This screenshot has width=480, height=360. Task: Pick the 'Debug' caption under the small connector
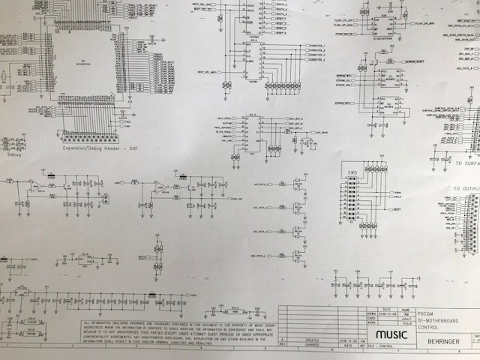pyautogui.click(x=14, y=155)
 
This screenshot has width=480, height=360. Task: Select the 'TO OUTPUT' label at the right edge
pyautogui.click(x=465, y=189)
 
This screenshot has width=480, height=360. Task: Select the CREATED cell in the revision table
pyautogui.click(x=312, y=339)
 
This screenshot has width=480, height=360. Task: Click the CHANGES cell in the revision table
pyautogui.click(x=312, y=344)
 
